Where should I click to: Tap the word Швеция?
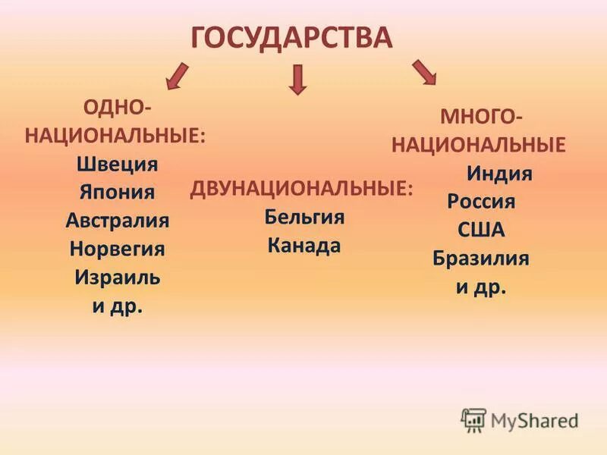coord(117,165)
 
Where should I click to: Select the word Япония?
coord(117,193)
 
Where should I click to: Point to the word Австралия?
coord(117,221)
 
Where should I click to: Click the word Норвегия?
coord(117,249)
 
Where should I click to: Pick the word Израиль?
coord(117,277)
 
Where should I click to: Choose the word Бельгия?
coord(304,218)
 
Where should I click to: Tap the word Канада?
coord(304,246)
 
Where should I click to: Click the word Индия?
coord(498,174)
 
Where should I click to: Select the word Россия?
coord(481,202)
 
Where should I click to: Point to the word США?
coord(481,230)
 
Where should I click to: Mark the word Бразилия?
coord(481,259)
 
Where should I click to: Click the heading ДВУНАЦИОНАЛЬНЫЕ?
coord(302,189)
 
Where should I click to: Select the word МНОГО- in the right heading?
coord(481,118)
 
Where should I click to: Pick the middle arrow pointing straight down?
coord(298,79)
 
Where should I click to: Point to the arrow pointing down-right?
coord(424,71)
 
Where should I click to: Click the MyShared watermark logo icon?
coord(474,419)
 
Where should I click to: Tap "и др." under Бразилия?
coord(481,287)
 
